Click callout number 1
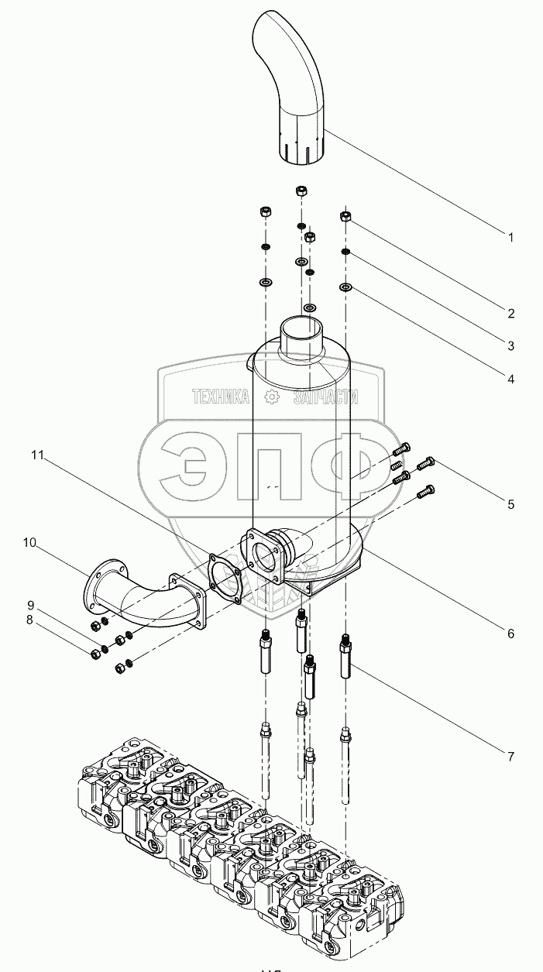tap(510, 238)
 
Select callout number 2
tap(510, 314)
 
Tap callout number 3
tap(510, 345)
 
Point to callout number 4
tap(510, 379)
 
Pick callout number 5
tap(510, 504)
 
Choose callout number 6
tap(510, 634)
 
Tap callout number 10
tap(29, 543)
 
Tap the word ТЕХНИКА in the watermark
tap(221, 397)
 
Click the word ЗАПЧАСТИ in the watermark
tap(325, 397)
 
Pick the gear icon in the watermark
tap(272, 397)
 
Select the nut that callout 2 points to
tap(346, 217)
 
